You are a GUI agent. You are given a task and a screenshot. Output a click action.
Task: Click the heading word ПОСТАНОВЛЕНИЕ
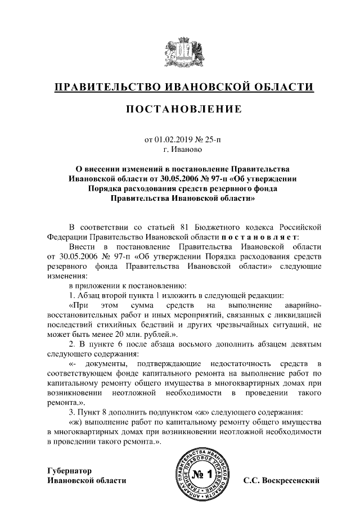tap(184, 108)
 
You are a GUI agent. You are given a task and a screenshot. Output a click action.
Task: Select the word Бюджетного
tap(219, 227)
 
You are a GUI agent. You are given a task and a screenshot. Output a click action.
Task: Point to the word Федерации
tap(65, 237)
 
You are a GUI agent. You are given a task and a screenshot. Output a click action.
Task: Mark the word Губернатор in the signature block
tap(69, 470)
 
